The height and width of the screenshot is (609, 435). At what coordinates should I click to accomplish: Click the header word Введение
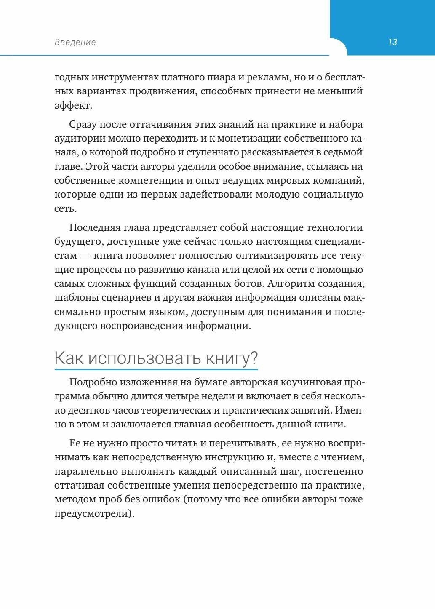(x=75, y=42)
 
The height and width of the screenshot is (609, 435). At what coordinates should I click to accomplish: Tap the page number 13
(x=392, y=42)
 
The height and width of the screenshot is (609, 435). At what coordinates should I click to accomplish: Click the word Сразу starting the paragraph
(x=84, y=125)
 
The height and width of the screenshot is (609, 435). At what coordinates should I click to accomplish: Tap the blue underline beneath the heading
(x=156, y=370)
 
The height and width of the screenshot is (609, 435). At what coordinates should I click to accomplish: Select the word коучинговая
(x=309, y=382)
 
